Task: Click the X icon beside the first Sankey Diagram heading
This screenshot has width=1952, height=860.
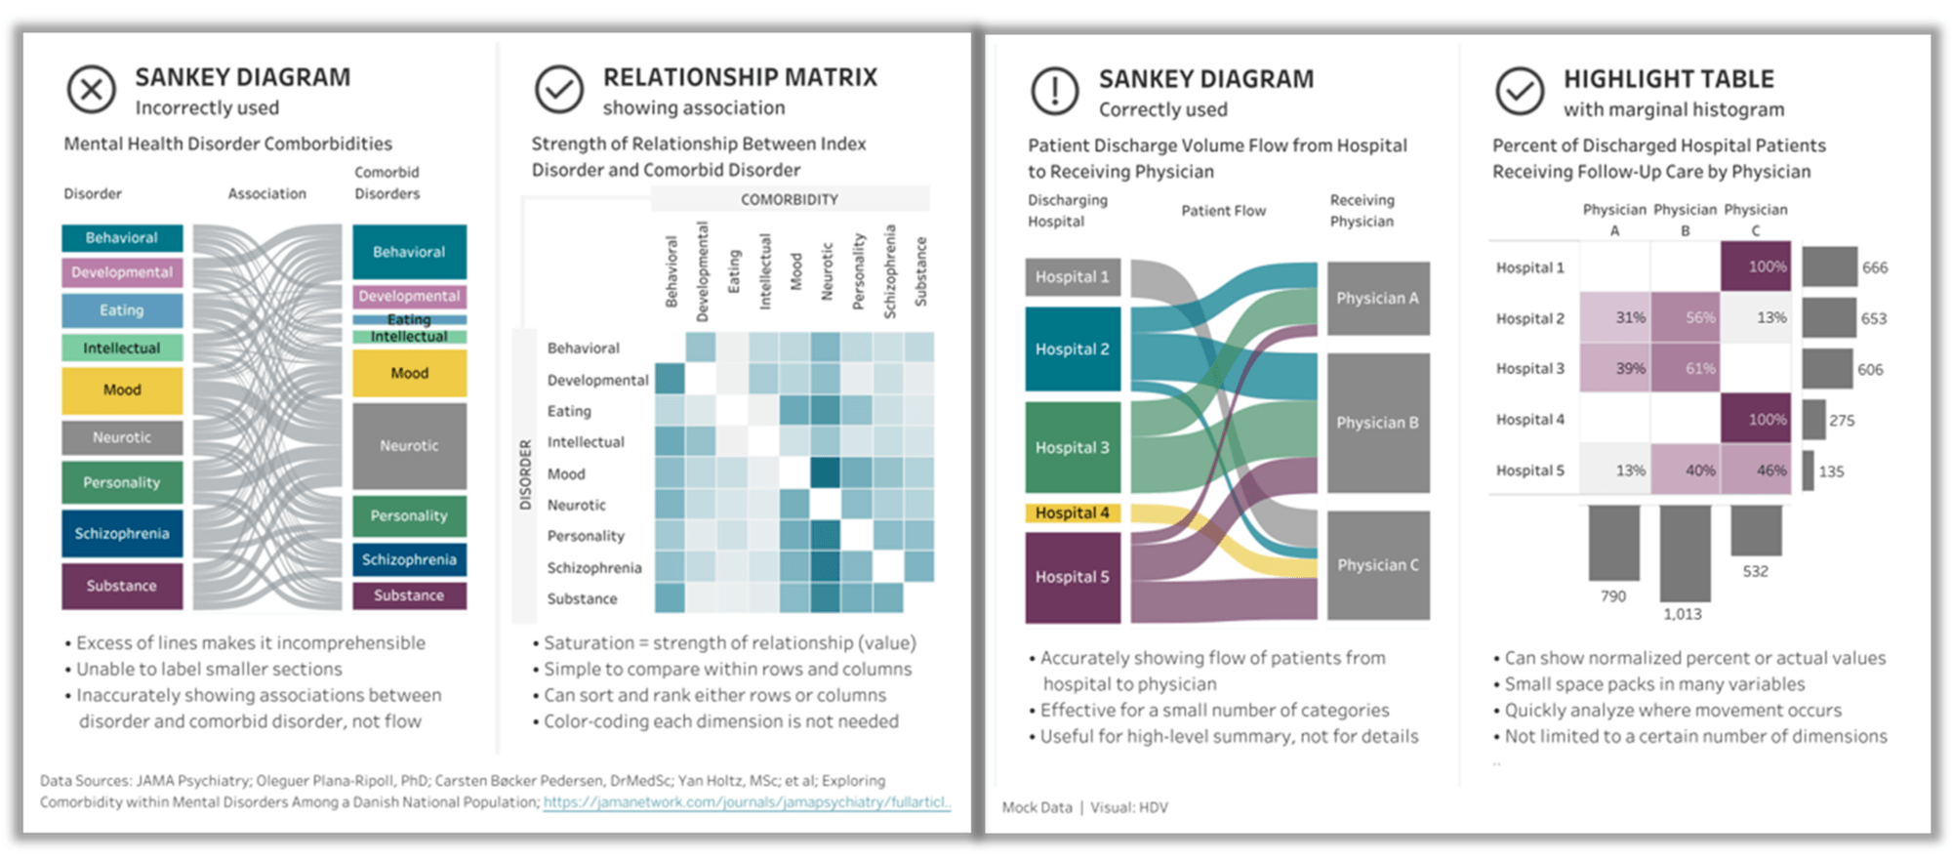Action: [91, 90]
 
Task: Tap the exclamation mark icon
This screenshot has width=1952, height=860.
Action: [1054, 92]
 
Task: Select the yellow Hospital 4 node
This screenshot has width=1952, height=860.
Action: [1072, 512]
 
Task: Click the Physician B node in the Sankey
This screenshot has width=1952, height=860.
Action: [1377, 423]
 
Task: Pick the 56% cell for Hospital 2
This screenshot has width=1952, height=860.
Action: [1685, 317]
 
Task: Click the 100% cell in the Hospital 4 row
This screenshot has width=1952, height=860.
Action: [1756, 419]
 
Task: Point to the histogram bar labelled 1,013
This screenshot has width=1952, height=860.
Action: [1685, 553]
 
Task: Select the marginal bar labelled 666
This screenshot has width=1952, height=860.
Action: [1829, 266]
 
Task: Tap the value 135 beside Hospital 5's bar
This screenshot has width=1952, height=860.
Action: [1831, 471]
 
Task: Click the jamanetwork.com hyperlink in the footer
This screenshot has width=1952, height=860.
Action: [747, 802]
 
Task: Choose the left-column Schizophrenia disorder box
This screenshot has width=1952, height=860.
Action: [122, 533]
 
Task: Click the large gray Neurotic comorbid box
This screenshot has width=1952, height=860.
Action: [409, 445]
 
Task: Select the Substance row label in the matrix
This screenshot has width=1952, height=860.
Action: [582, 598]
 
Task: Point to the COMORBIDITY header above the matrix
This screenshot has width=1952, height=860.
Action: [789, 199]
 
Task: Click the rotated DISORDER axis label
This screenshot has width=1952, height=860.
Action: [525, 474]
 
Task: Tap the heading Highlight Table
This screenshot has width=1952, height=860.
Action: [1668, 79]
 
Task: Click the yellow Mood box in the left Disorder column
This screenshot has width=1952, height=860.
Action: [122, 389]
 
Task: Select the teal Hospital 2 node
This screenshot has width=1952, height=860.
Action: [1072, 348]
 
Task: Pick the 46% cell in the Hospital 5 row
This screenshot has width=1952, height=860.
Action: [1756, 470]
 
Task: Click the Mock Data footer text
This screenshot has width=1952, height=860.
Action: [1037, 807]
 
